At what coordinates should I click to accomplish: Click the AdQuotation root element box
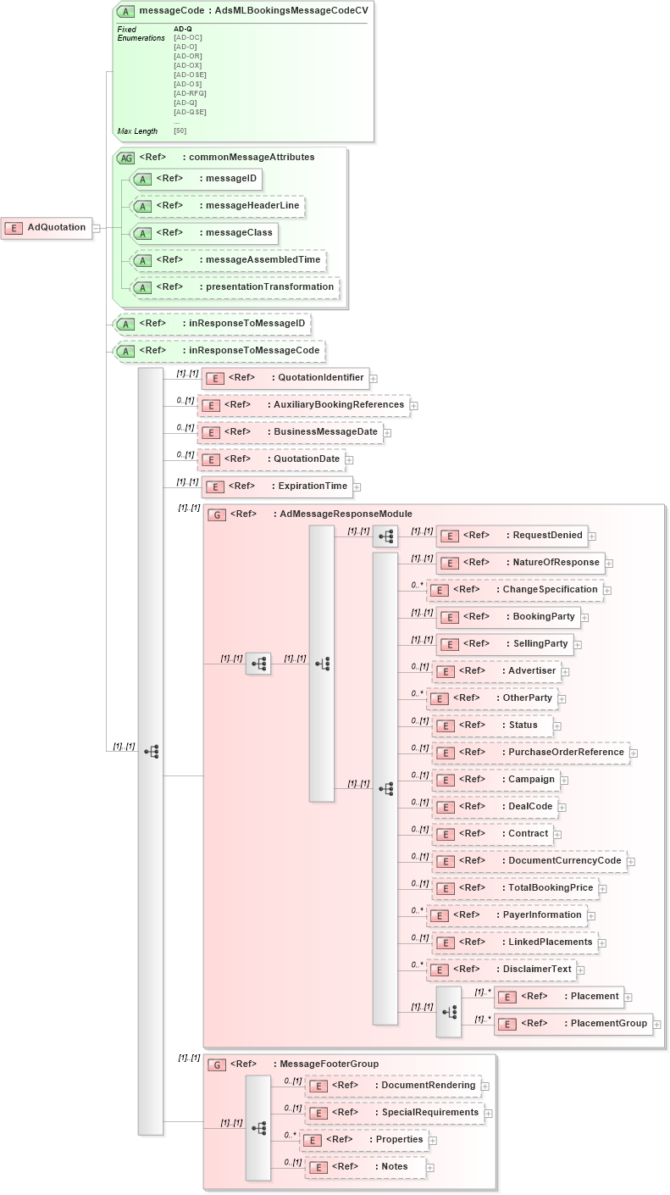coord(47,227)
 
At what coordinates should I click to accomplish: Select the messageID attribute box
coord(196,179)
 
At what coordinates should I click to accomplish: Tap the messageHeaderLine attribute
coord(217,206)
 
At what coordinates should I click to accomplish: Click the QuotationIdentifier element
coord(285,378)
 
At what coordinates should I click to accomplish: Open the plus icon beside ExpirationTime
coord(357,486)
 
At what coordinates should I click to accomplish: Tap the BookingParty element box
coord(507,617)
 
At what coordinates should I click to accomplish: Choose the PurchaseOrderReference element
coord(530,753)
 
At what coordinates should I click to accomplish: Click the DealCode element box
coord(494,807)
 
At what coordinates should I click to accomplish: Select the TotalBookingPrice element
coord(515,888)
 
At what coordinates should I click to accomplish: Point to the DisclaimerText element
coord(501,970)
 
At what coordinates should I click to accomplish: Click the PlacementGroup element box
coord(573,1024)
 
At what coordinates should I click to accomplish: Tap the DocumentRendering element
coord(393,1086)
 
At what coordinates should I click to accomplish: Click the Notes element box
coord(365,1167)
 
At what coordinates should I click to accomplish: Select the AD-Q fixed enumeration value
coord(183,29)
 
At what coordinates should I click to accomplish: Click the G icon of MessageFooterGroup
coord(217,1064)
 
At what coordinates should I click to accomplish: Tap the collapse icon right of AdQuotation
coord(97,227)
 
